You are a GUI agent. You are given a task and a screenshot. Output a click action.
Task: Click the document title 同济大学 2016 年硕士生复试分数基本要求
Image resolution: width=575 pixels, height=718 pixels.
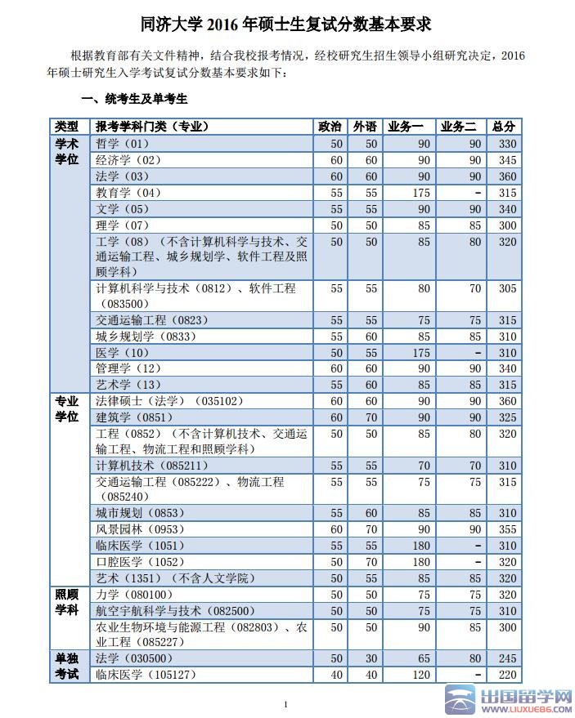286,25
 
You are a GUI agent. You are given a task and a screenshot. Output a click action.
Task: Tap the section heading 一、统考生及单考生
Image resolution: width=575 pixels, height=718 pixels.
135,100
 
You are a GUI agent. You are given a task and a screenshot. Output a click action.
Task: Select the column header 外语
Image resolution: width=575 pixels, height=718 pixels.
366,127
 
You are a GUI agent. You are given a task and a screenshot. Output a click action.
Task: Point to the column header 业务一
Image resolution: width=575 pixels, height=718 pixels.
407,127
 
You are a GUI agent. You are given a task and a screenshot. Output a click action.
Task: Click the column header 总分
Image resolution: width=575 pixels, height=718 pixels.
505,127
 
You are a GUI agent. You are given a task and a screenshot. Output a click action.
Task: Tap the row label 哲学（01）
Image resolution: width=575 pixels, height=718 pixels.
123,144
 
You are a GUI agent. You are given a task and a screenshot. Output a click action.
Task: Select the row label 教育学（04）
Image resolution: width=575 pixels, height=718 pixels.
128,193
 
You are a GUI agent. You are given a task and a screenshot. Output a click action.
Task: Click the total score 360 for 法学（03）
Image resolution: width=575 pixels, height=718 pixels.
507,176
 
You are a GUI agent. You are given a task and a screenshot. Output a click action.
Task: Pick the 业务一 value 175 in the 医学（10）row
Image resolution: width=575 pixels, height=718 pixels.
421,353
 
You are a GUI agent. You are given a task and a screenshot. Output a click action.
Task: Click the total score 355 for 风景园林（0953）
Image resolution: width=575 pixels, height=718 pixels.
507,529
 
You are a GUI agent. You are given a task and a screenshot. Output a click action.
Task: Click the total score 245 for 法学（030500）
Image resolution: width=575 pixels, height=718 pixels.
507,658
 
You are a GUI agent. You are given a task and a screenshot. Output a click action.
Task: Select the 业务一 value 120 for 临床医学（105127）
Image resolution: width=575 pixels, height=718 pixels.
421,675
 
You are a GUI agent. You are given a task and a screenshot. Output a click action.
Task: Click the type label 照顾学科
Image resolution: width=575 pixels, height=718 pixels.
67,603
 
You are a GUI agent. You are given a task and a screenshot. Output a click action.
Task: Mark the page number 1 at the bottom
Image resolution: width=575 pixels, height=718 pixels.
285,704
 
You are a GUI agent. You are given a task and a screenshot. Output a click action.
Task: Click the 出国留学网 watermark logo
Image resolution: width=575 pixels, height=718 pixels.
507,700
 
